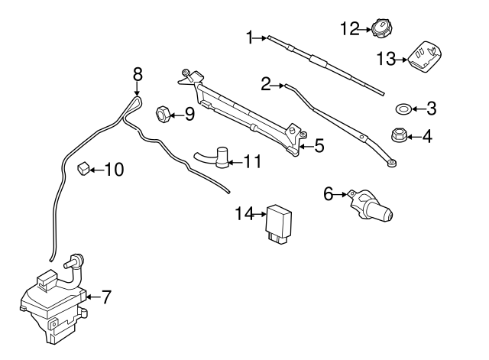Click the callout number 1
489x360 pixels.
249,37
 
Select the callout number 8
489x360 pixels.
138,74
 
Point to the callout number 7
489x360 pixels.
106,295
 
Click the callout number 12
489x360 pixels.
349,30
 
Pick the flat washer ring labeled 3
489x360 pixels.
403,108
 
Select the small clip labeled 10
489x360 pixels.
86,168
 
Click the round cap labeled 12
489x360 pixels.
381,30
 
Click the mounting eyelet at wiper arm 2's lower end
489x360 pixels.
391,162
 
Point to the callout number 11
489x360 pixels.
253,161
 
